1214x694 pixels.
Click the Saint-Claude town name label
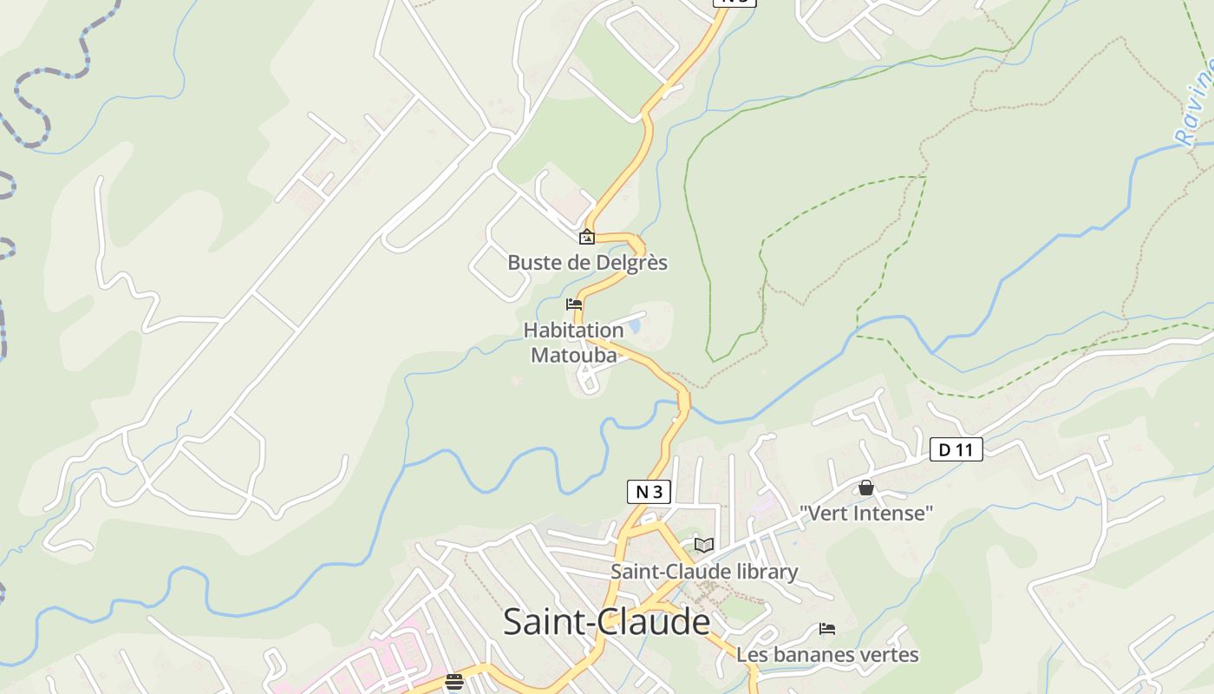point(606,622)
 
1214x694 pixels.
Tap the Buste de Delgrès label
point(587,262)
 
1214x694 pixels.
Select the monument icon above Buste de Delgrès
point(587,237)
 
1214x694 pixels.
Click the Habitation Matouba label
point(573,343)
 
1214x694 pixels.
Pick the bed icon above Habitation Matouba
point(573,304)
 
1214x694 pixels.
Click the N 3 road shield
point(649,492)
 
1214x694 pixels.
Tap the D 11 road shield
point(956,449)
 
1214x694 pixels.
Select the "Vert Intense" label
point(865,513)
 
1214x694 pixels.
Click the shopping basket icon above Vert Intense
point(865,488)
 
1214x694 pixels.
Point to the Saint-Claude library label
point(703,572)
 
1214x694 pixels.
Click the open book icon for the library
point(703,545)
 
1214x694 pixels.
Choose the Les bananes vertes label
point(826,654)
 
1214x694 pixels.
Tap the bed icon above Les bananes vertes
point(827,629)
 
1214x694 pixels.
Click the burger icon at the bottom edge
point(454,682)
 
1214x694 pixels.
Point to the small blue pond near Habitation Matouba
point(636,326)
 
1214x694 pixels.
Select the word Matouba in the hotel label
point(573,355)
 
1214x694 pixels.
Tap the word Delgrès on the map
point(631,262)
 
